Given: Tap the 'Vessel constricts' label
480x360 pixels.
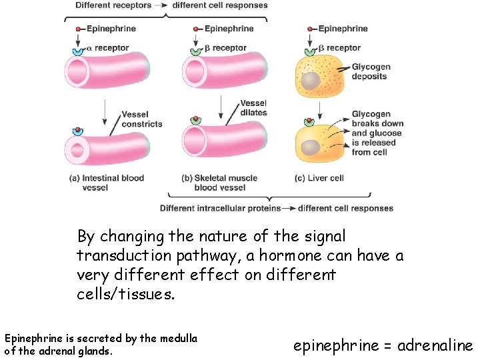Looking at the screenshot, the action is point(141,119).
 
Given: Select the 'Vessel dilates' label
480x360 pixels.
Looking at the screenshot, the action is point(253,108).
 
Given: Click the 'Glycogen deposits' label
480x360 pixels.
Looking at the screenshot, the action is point(371,72).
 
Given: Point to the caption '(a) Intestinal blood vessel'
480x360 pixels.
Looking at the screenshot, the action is point(106,183).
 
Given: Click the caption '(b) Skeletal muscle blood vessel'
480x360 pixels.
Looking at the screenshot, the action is point(219,183).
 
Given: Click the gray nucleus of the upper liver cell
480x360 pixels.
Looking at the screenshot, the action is point(310,81).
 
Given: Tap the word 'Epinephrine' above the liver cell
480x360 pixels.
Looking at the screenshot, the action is point(343,29).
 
